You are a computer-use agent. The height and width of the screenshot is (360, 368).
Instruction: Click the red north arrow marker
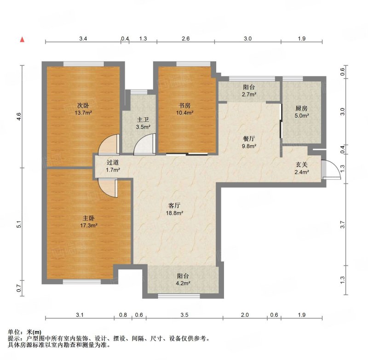tap(22, 40)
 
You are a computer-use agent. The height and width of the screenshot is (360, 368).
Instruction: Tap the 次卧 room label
tap(83, 106)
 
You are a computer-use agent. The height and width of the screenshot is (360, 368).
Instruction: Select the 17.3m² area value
tap(89, 226)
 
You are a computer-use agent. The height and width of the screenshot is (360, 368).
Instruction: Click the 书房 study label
tap(185, 106)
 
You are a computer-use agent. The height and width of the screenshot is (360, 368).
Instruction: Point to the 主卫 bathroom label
tap(143, 120)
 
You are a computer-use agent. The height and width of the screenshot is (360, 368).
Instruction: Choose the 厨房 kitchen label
tap(302, 109)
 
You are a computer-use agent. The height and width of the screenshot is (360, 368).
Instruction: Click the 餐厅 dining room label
tap(249, 139)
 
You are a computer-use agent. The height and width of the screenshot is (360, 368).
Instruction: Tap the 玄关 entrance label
tap(302, 165)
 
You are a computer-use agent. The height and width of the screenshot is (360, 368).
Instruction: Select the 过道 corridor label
tap(113, 162)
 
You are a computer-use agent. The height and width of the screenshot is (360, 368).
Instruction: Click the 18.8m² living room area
tap(174, 213)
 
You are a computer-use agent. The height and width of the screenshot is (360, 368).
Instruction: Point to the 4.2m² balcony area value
tap(183, 283)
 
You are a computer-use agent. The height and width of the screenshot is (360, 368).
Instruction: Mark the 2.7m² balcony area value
tap(249, 95)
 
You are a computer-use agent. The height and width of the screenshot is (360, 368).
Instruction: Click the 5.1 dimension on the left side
tap(19, 224)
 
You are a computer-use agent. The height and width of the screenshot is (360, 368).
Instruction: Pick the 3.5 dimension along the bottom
tap(184, 315)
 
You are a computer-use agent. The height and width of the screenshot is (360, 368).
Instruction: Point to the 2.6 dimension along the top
tap(185, 39)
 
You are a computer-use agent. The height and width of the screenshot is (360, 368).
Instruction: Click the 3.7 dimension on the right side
tap(343, 225)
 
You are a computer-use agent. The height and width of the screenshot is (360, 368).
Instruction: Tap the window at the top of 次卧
tap(84, 64)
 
